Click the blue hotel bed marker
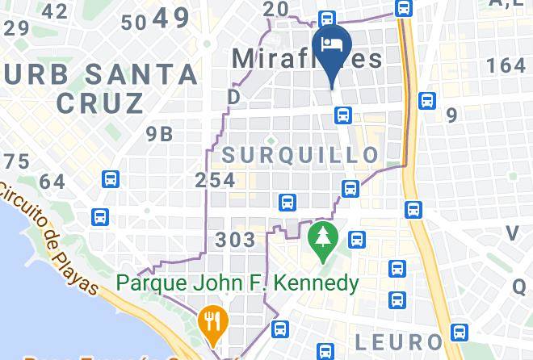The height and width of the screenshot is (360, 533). point(333,44)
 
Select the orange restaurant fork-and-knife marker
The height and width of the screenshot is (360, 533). point(213,321)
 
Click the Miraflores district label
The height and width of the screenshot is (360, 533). point(307,59)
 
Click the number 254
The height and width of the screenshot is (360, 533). point(216,181)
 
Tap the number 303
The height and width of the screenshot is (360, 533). point(236,240)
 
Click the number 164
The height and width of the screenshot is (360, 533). point(506,65)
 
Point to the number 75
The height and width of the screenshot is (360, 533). point(16,161)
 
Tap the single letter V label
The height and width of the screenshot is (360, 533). point(512,233)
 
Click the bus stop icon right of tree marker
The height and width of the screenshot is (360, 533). point(356,240)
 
